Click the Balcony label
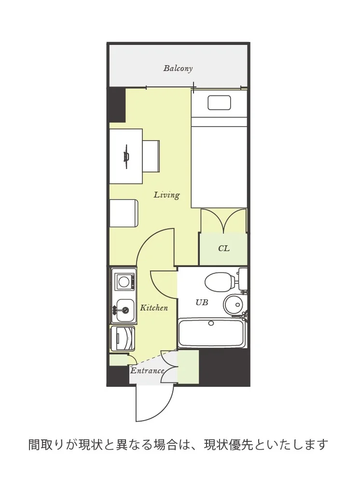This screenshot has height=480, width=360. [x=178, y=68]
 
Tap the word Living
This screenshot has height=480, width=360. [x=166, y=195]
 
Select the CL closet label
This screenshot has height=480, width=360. [x=223, y=248]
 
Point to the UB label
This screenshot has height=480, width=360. [x=202, y=302]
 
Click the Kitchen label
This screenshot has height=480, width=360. [x=154, y=307]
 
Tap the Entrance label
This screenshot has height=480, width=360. [x=147, y=370]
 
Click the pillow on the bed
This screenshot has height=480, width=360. [x=219, y=102]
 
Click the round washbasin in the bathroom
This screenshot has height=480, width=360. [x=233, y=305]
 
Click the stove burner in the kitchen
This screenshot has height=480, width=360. [x=124, y=282]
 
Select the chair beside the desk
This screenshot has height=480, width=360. [x=151, y=156]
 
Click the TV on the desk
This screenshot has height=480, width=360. [x=126, y=156]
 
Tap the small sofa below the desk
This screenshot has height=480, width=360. [x=124, y=213]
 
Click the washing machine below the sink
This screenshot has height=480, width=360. [x=123, y=339]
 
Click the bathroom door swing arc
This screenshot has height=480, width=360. [x=159, y=289]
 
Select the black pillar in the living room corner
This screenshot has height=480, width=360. [x=116, y=105]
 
